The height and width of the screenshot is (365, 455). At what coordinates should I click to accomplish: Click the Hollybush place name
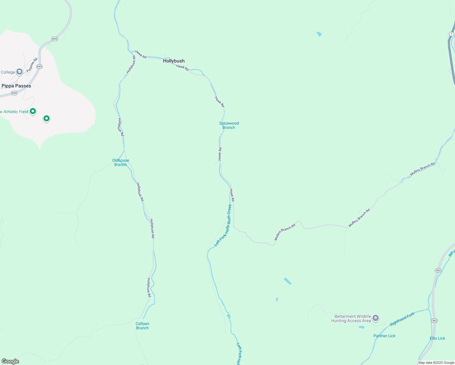pos(174,61)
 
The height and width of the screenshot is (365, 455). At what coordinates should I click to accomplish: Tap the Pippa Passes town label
pos(16,86)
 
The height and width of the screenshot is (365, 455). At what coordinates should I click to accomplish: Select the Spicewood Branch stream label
pos(229,125)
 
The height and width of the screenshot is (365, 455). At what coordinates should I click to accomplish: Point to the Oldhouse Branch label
pos(120,162)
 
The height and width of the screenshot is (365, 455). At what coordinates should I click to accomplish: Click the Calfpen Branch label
pos(142,326)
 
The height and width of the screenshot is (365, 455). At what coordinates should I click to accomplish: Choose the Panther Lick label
pos(384,336)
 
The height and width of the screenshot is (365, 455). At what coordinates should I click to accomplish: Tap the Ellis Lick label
pos(437,338)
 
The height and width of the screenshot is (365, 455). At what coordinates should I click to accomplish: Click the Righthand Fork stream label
pos(402,319)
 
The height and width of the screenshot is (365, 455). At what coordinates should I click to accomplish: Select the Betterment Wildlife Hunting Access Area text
pos(351,318)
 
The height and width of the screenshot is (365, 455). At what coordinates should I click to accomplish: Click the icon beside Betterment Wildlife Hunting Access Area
pos(376,318)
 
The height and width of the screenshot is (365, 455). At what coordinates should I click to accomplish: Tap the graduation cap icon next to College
pos(19,72)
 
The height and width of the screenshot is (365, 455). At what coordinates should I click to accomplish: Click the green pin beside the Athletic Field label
pos(33,111)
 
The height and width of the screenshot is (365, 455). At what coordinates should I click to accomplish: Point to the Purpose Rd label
pos(32,65)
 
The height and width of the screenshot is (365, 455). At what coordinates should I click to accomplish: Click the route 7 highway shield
pos(452,34)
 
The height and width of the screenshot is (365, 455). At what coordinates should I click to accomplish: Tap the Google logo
pos(10,361)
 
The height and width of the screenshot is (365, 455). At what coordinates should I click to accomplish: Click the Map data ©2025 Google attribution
pos(436,363)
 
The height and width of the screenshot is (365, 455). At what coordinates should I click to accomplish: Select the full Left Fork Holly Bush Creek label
pos(223,225)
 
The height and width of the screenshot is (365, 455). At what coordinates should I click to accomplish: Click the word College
pos(8,72)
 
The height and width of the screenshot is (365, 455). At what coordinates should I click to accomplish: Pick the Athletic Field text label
pos(14,112)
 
